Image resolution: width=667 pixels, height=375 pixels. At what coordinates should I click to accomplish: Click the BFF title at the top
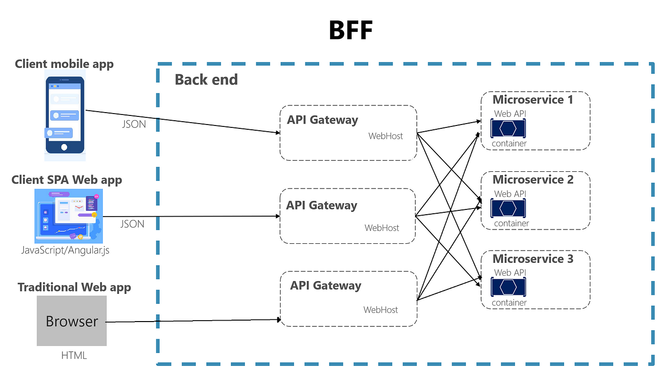[351, 30]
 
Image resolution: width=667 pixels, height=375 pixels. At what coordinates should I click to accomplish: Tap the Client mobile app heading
[64, 64]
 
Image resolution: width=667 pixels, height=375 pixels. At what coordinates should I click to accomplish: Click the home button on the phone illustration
[64, 147]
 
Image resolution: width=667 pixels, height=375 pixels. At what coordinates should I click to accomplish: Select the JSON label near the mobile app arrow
[134, 124]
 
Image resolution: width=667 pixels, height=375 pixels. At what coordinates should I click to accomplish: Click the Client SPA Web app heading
[67, 180]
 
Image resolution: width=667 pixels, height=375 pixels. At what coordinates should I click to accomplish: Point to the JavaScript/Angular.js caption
[65, 250]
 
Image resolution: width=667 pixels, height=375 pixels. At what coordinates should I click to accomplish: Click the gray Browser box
[72, 321]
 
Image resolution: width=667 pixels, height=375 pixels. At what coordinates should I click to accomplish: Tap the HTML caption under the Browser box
[74, 355]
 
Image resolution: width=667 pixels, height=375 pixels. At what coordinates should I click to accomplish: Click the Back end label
[206, 80]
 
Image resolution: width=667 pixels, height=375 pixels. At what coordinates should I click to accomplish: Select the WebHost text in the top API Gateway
[385, 136]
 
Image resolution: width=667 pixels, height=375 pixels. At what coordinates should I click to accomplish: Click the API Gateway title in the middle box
[322, 205]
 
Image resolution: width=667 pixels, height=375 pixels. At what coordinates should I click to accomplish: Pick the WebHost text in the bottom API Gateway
[381, 310]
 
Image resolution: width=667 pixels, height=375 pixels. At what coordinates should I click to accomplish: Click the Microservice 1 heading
[533, 100]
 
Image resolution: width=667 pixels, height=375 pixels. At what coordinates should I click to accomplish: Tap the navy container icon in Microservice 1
[508, 128]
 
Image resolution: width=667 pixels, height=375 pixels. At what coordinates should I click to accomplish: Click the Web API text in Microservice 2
[510, 194]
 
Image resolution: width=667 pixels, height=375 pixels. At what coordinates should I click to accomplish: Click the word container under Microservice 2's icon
[511, 223]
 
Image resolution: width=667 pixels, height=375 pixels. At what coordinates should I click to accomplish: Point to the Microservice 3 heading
[533, 259]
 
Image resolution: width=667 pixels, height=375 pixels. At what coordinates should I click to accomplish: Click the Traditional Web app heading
[74, 287]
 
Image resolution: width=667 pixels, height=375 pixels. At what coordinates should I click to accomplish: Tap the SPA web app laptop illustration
[69, 216]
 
